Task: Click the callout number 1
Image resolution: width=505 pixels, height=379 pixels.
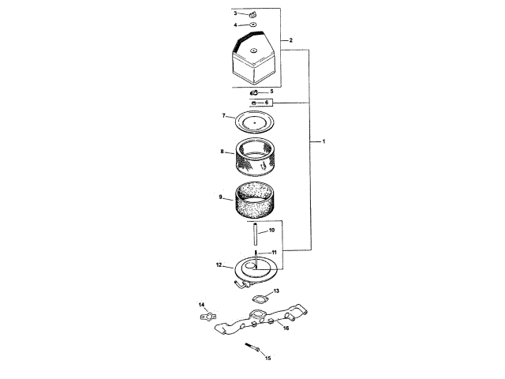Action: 324,141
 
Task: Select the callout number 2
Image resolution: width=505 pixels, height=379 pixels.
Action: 291,39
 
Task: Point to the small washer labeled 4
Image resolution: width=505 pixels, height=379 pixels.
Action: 252,25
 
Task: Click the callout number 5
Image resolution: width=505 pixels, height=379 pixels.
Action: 271,92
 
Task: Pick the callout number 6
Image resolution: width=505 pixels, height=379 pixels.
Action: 267,103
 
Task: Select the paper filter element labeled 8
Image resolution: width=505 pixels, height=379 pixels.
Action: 256,156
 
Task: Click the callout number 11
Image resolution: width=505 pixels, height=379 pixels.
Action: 274,252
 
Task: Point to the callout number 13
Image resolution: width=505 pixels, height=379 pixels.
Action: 275,291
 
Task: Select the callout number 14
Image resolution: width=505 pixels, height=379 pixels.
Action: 202,305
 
